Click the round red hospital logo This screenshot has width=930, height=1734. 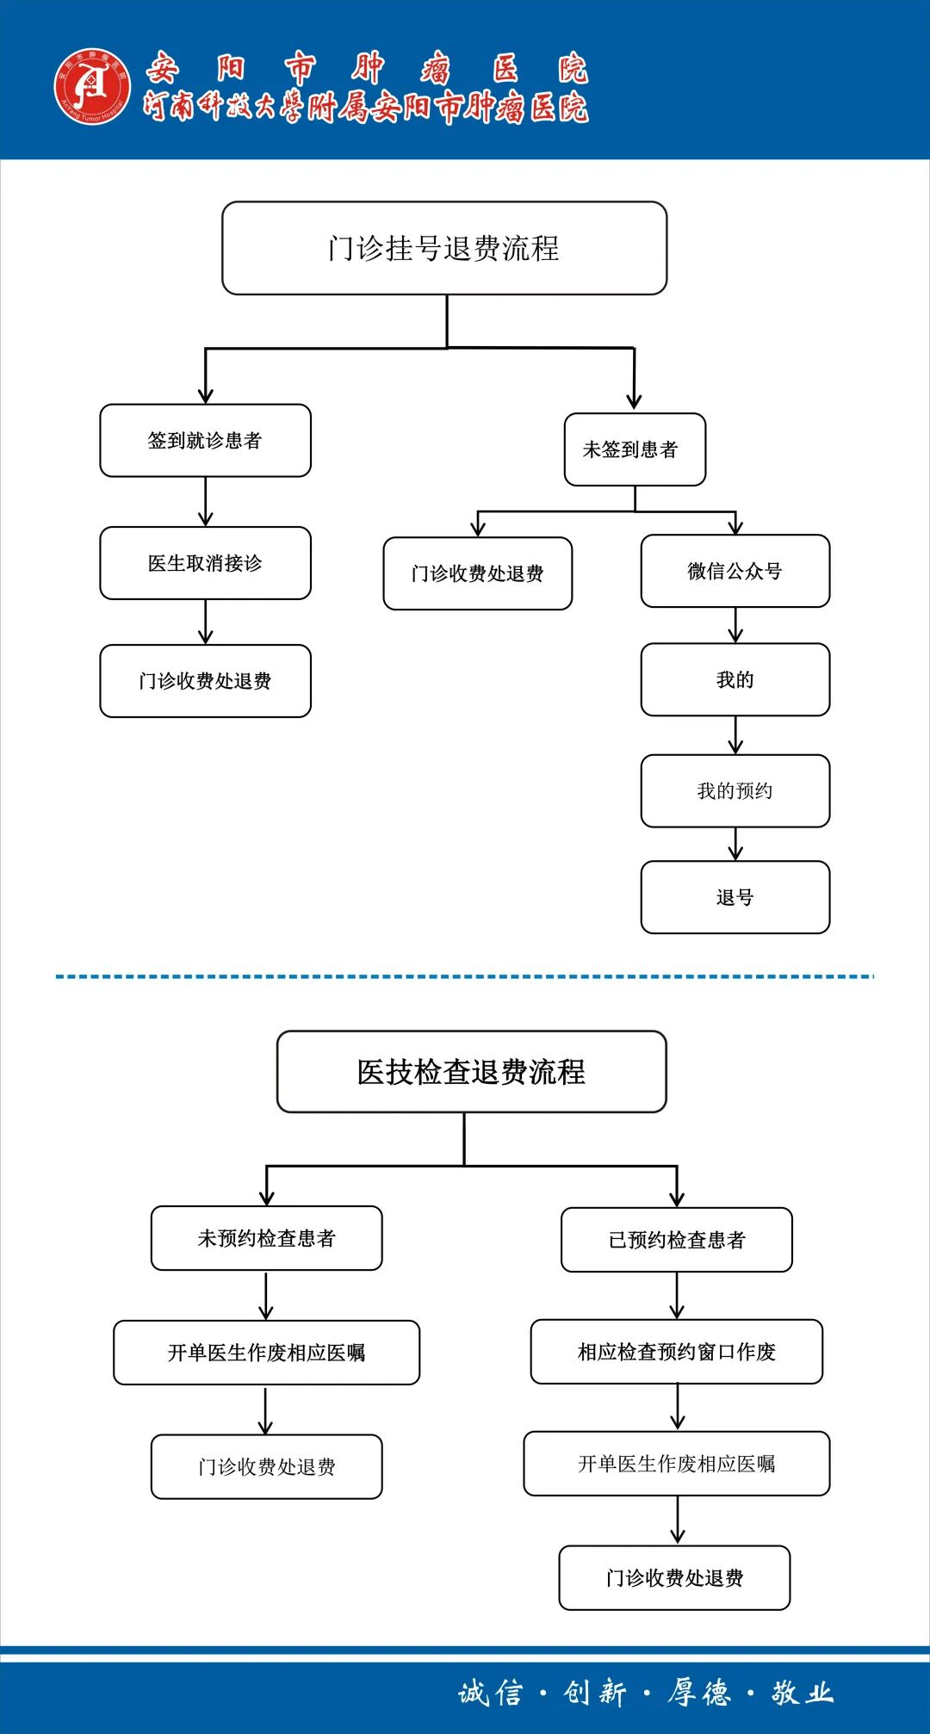(x=92, y=85)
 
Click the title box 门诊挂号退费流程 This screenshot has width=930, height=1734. (x=444, y=248)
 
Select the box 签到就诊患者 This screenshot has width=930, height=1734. (x=205, y=441)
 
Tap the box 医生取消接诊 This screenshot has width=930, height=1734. (x=205, y=563)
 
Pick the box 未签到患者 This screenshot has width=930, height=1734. (x=635, y=449)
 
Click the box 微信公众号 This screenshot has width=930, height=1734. (x=735, y=571)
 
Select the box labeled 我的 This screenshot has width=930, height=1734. (x=735, y=679)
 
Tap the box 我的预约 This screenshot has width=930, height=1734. (x=735, y=790)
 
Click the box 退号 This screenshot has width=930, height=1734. (x=735, y=897)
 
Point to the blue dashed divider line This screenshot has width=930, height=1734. (x=465, y=976)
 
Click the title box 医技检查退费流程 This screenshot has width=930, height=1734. (x=471, y=1072)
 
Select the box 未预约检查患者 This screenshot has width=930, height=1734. (x=266, y=1238)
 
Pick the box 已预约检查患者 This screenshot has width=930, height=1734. (x=676, y=1240)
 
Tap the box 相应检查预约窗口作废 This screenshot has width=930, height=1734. (x=676, y=1352)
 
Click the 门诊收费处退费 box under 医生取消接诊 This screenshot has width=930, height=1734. (x=205, y=681)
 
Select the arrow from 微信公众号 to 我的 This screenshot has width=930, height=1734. (x=735, y=625)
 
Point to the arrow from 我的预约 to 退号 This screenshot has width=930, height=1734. (x=735, y=844)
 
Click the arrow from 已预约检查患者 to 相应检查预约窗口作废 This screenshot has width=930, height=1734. (x=677, y=1296)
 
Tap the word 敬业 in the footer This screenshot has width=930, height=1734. (x=802, y=1693)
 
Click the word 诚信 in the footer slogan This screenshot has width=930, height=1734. (x=490, y=1693)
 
